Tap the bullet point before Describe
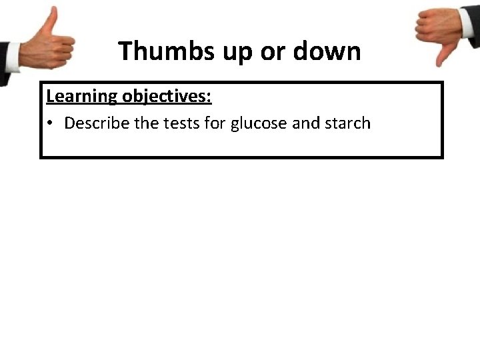(51, 124)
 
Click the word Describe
(95, 124)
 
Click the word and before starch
(306, 124)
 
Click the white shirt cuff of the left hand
(13, 57)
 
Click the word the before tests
(147, 124)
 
